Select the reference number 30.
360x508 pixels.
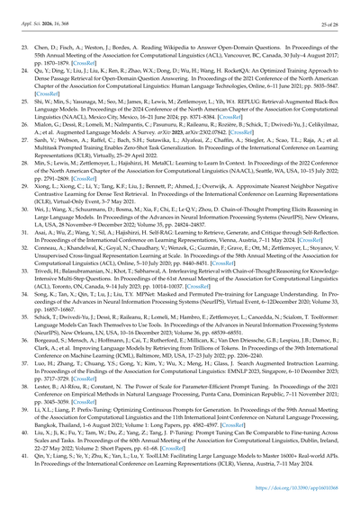34,233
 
